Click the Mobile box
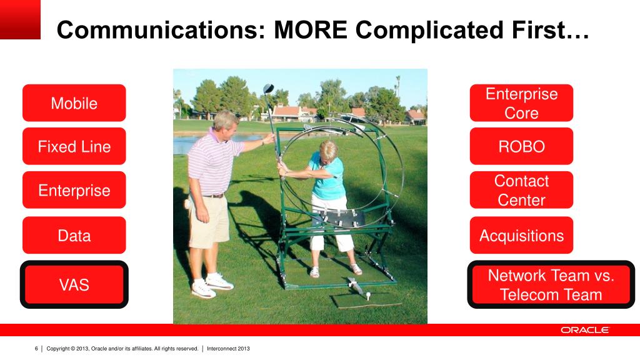click(x=74, y=103)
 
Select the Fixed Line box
click(x=74, y=146)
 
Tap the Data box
click(x=74, y=235)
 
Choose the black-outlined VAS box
click(x=74, y=284)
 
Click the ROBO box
click(x=521, y=146)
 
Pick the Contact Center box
click(x=521, y=190)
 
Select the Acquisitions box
click(x=521, y=235)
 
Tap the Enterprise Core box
click(x=521, y=103)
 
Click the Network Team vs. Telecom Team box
click(x=551, y=284)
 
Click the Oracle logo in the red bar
click(x=585, y=330)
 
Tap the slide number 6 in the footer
click(x=36, y=349)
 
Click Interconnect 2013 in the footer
click(x=228, y=349)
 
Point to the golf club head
click(x=269, y=89)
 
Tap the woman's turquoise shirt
click(x=327, y=176)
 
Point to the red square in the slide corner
click(x=20, y=19)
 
